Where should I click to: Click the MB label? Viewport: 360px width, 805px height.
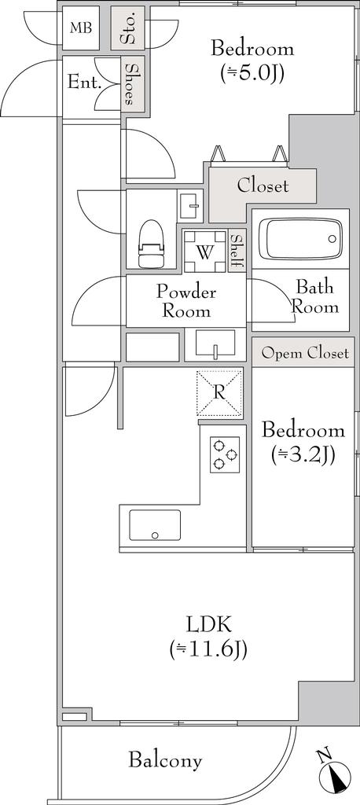coord(81,28)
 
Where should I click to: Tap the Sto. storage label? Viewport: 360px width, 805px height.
coord(128,28)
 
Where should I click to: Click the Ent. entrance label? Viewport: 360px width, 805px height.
coord(84,83)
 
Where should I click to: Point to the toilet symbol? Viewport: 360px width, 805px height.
coord(151,244)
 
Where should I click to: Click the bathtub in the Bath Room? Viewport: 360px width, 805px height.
coord(300,239)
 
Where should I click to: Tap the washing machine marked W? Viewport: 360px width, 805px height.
coord(205,252)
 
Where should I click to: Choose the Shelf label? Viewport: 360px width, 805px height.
coord(237,251)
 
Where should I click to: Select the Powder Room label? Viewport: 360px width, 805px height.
coord(186,301)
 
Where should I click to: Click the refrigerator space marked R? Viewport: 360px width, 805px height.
coord(220,393)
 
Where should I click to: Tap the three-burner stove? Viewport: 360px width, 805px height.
coord(225,454)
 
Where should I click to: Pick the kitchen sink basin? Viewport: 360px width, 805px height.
coord(155,525)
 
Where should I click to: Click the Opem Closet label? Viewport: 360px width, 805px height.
coord(305,353)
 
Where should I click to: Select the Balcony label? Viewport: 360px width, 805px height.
coord(165,760)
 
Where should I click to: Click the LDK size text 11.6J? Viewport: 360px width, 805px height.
coord(208,649)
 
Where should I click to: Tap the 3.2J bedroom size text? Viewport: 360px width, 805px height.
coord(303,455)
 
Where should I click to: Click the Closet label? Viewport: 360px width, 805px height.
coord(263,186)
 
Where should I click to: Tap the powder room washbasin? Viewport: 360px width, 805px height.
coord(215,344)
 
